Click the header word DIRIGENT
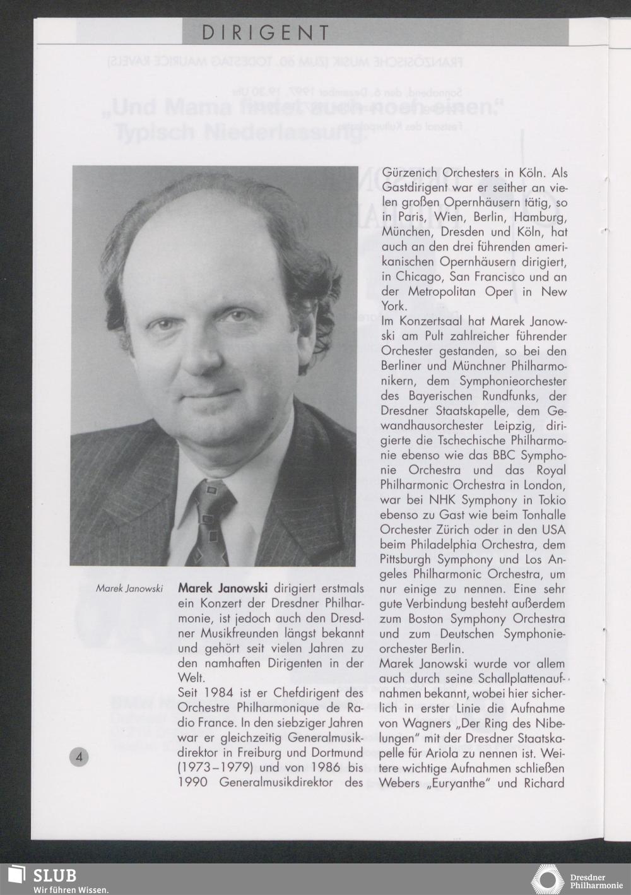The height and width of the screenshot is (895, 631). point(266,33)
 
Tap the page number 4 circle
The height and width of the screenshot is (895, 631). point(80,757)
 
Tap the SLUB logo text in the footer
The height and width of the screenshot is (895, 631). point(55,875)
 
